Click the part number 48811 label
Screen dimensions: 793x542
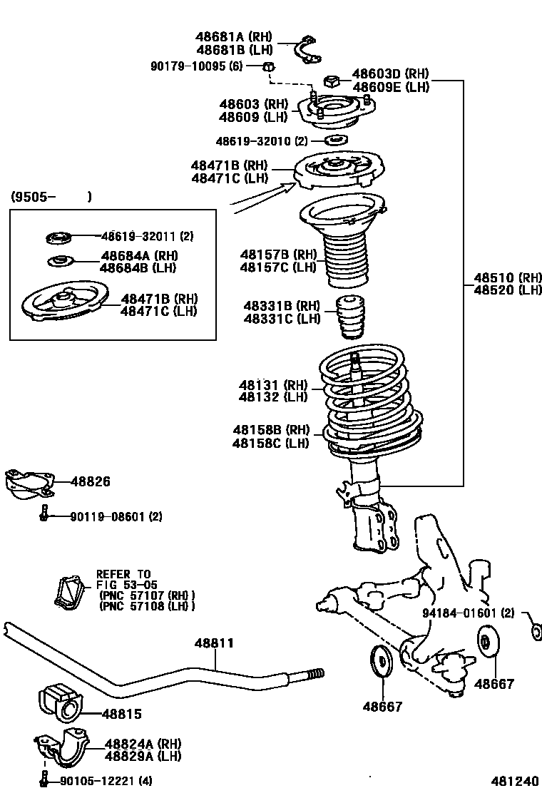214,643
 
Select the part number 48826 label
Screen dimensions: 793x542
90,482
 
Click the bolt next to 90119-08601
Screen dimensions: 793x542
44,513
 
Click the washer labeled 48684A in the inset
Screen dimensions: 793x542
60,261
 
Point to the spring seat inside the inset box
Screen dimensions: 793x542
64,304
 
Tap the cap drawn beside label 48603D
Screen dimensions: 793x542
333,79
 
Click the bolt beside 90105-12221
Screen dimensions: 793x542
44,779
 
